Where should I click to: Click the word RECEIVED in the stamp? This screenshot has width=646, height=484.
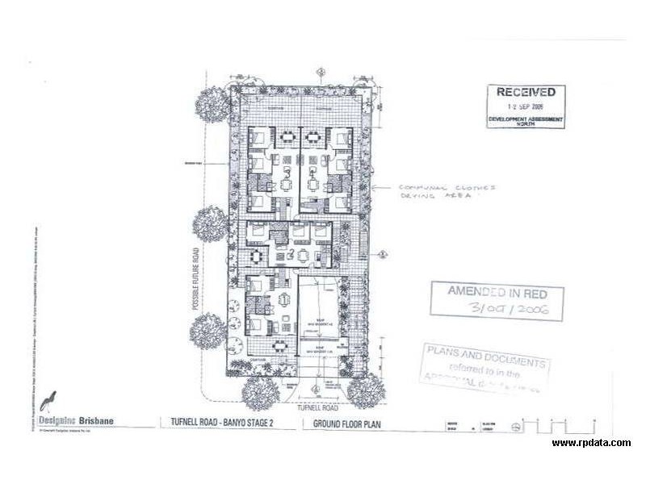pos(525,94)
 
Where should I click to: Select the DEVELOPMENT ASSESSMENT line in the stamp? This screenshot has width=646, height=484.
pos(525,119)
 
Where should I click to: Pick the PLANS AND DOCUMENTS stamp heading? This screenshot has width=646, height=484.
pos(485,353)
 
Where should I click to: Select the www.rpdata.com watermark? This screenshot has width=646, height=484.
pos(591,442)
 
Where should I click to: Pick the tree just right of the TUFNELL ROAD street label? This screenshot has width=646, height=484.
pos(366,391)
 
